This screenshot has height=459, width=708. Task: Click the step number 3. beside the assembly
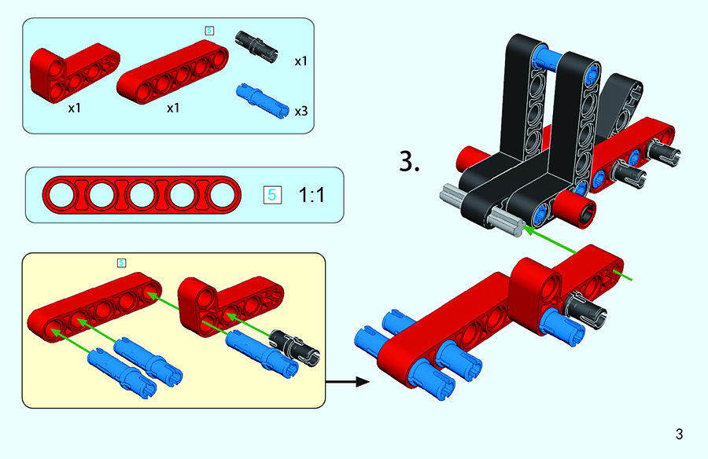410,163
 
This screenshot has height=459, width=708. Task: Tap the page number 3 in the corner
678,434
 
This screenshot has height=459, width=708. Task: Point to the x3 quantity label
301,112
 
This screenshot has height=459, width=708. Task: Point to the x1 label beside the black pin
301,61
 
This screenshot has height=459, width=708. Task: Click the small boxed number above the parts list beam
208,30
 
